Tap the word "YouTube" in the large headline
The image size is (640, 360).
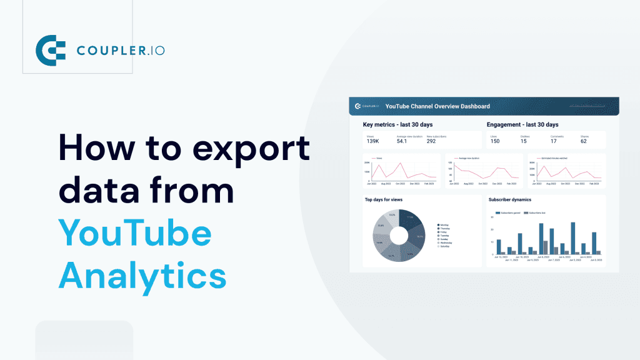(x=134, y=233)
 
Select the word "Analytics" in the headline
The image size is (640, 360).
(x=141, y=275)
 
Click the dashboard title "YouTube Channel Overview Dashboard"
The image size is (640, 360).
(x=437, y=106)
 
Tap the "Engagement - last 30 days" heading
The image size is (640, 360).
(x=522, y=125)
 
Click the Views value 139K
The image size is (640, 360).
(x=373, y=141)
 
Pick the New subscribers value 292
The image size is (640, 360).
(x=431, y=141)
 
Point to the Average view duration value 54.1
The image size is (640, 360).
(x=402, y=141)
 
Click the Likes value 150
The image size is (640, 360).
(x=495, y=141)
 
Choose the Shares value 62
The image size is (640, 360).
(x=583, y=141)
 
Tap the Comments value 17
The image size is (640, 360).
(x=553, y=141)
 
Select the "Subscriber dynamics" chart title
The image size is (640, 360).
(x=509, y=200)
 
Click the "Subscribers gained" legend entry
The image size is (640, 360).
(x=509, y=213)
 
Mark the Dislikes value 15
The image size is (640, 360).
(x=524, y=141)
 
